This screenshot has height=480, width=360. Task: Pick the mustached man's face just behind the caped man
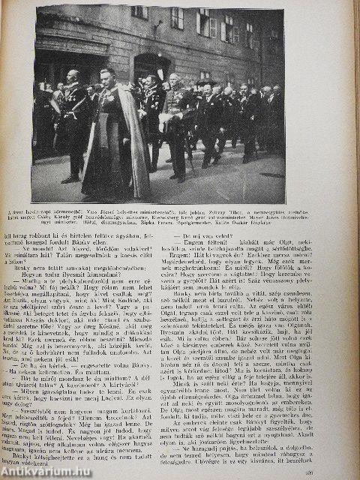pos(152,82)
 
